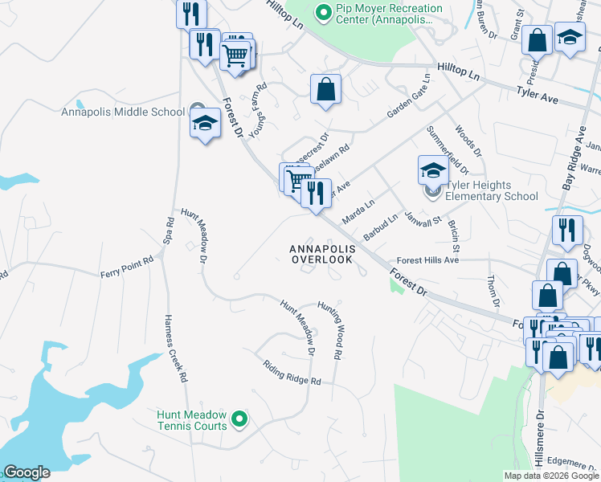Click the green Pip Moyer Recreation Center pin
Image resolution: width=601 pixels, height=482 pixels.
point(324,13)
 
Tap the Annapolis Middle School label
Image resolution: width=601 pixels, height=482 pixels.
point(123,112)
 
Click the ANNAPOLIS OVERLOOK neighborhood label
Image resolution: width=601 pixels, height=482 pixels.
point(321,255)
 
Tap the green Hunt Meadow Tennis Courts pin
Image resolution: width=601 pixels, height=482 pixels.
point(239,419)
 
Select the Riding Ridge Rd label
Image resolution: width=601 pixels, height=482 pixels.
point(292,370)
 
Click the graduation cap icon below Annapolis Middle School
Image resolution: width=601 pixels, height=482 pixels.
point(205,123)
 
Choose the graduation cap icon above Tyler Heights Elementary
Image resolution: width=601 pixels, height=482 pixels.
point(432,170)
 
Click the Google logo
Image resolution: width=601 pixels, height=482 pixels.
point(27,472)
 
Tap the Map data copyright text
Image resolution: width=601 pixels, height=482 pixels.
point(550,475)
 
